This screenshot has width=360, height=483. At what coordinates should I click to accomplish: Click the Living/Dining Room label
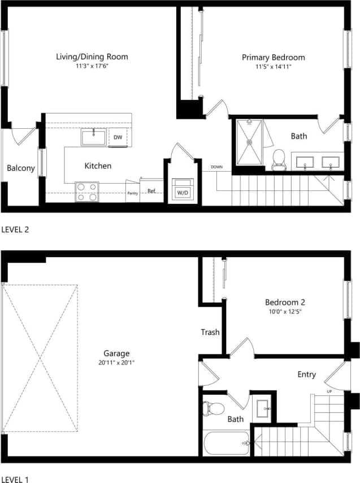coord(92,56)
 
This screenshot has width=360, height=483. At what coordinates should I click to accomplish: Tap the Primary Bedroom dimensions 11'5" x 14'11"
coord(273,67)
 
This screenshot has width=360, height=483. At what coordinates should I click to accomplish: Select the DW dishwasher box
coord(118,137)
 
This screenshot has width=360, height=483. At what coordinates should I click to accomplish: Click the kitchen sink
coord(93,137)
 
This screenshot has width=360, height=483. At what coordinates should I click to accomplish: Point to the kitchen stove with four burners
coord(87,192)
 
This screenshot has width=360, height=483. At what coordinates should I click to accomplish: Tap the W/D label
coord(183,193)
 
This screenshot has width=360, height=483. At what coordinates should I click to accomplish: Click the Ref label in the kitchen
coord(151,191)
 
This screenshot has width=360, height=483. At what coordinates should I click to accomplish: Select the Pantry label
coord(132,193)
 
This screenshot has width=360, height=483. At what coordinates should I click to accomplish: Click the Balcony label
coord(21,168)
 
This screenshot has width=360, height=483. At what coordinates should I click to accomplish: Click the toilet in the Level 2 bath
coord(278,159)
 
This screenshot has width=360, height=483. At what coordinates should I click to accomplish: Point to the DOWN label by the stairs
coord(216,167)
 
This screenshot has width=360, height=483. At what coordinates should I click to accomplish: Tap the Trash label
coord(210,332)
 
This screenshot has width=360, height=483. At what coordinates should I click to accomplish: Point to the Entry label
coord(306,375)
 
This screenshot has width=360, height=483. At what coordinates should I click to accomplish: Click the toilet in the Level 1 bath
coord(212,408)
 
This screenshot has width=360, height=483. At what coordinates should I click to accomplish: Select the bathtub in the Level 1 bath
coord(225,443)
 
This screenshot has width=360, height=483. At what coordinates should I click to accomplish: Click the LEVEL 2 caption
coord(15,230)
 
